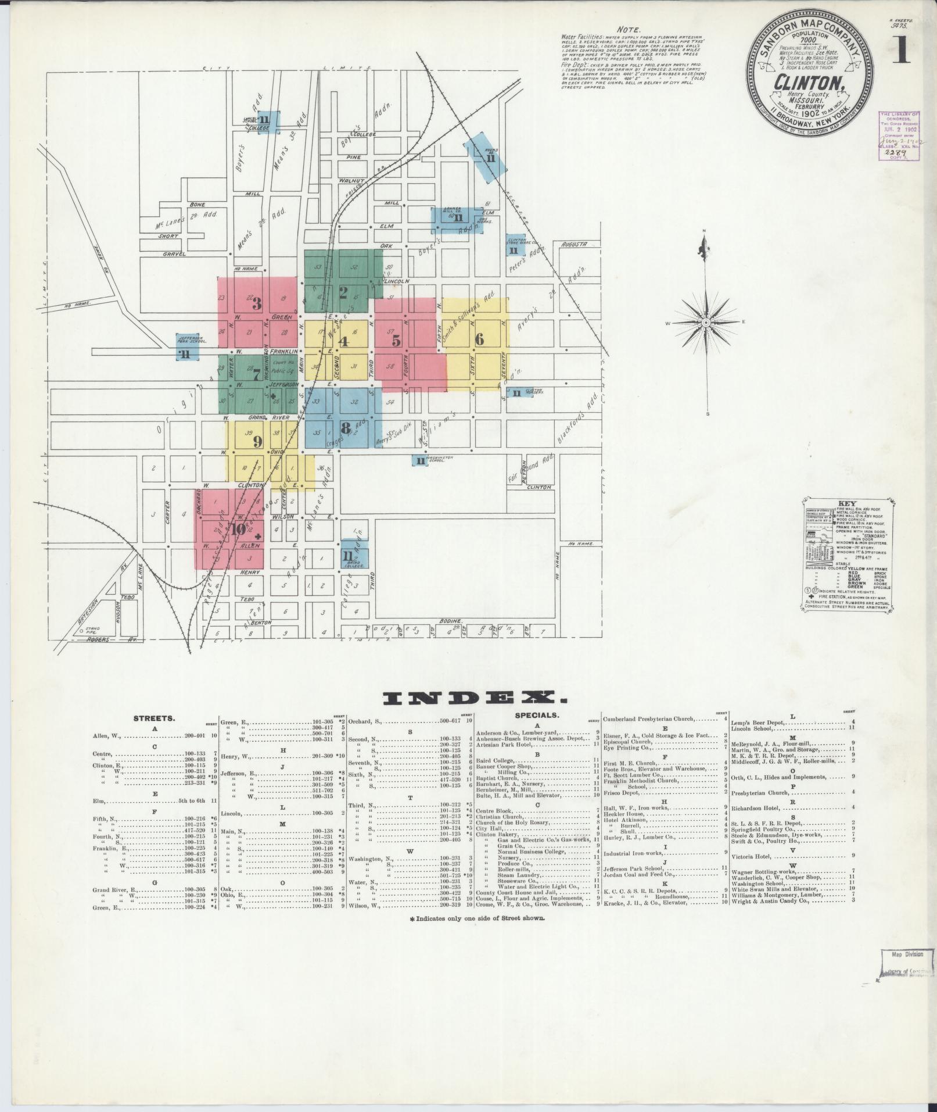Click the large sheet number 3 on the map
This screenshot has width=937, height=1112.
pos(257,303)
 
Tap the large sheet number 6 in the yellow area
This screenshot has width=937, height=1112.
pos(479,339)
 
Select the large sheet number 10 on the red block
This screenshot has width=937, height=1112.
pos(238,529)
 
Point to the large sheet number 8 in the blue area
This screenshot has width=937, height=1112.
pos(346,428)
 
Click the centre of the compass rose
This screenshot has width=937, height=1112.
pos(705,322)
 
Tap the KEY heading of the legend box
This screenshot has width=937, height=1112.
pos(846,504)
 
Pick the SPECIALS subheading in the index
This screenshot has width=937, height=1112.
pos(537,715)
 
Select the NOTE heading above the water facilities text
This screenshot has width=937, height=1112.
pos(630,30)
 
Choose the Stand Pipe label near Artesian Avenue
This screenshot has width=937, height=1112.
pos(93,630)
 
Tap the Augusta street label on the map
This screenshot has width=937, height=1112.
pos(575,245)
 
